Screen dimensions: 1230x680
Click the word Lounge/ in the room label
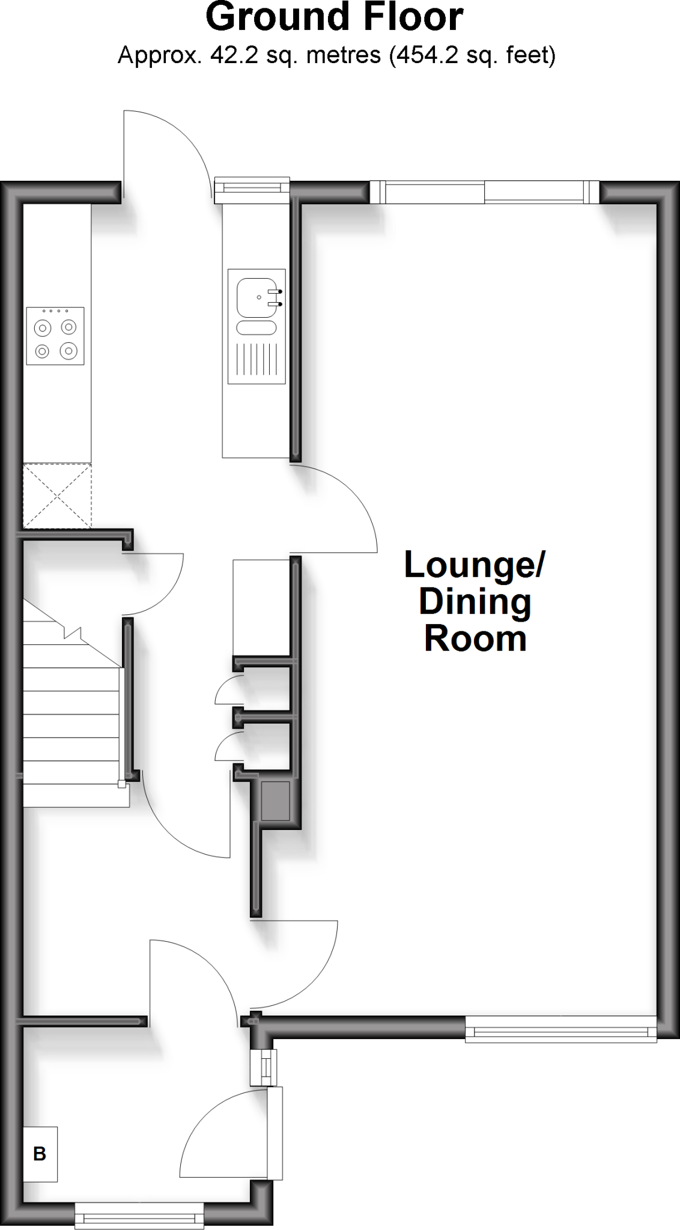[474, 565]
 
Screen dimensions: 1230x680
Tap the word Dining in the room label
[475, 602]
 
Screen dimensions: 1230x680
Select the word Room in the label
[475, 639]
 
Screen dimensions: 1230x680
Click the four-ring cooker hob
[55, 336]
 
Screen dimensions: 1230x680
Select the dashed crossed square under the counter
[57, 495]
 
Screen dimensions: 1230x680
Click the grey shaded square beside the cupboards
[275, 801]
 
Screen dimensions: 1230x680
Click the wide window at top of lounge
[484, 193]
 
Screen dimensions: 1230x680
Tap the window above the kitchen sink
[252, 188]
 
